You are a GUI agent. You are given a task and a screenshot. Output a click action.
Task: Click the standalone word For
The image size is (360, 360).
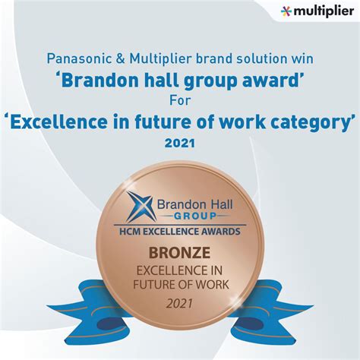[180, 99]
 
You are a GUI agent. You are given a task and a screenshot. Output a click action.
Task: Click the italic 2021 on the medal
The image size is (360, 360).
[180, 303]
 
